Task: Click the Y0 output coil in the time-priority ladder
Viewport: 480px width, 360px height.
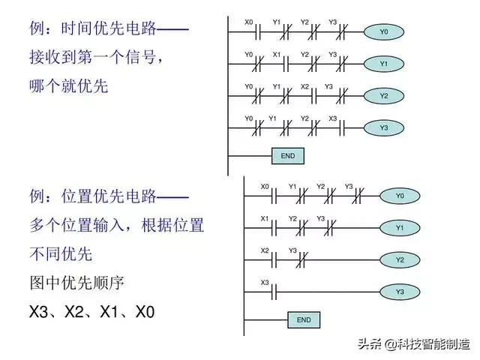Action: point(384,31)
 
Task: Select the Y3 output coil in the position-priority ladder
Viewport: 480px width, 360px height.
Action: point(400,292)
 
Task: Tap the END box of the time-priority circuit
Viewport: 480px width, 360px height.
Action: point(288,156)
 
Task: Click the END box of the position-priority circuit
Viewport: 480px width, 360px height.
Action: point(304,320)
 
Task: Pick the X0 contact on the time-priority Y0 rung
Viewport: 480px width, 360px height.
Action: point(258,31)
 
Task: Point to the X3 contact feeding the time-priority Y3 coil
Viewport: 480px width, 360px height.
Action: point(342,128)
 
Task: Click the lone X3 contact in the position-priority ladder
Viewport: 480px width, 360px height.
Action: point(274,292)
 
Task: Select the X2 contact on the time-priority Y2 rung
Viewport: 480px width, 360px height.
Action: point(313,96)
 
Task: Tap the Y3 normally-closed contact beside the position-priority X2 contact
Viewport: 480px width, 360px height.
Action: point(301,260)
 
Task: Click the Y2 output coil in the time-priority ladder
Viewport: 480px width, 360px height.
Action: point(384,96)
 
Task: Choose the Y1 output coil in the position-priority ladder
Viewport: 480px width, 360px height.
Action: point(400,228)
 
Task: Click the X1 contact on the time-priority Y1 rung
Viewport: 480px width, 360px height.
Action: point(286,64)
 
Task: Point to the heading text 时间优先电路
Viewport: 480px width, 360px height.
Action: point(109,28)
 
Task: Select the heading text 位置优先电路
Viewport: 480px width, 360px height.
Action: point(109,196)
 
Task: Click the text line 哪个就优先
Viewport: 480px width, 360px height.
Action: point(69,85)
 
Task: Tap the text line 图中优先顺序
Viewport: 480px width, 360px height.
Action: point(76,283)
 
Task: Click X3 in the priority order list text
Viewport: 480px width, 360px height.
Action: point(38,312)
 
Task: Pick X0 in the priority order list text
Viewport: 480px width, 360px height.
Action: point(145,312)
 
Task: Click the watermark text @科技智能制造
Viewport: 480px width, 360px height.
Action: point(427,344)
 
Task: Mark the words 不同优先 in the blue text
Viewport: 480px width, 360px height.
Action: point(61,254)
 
